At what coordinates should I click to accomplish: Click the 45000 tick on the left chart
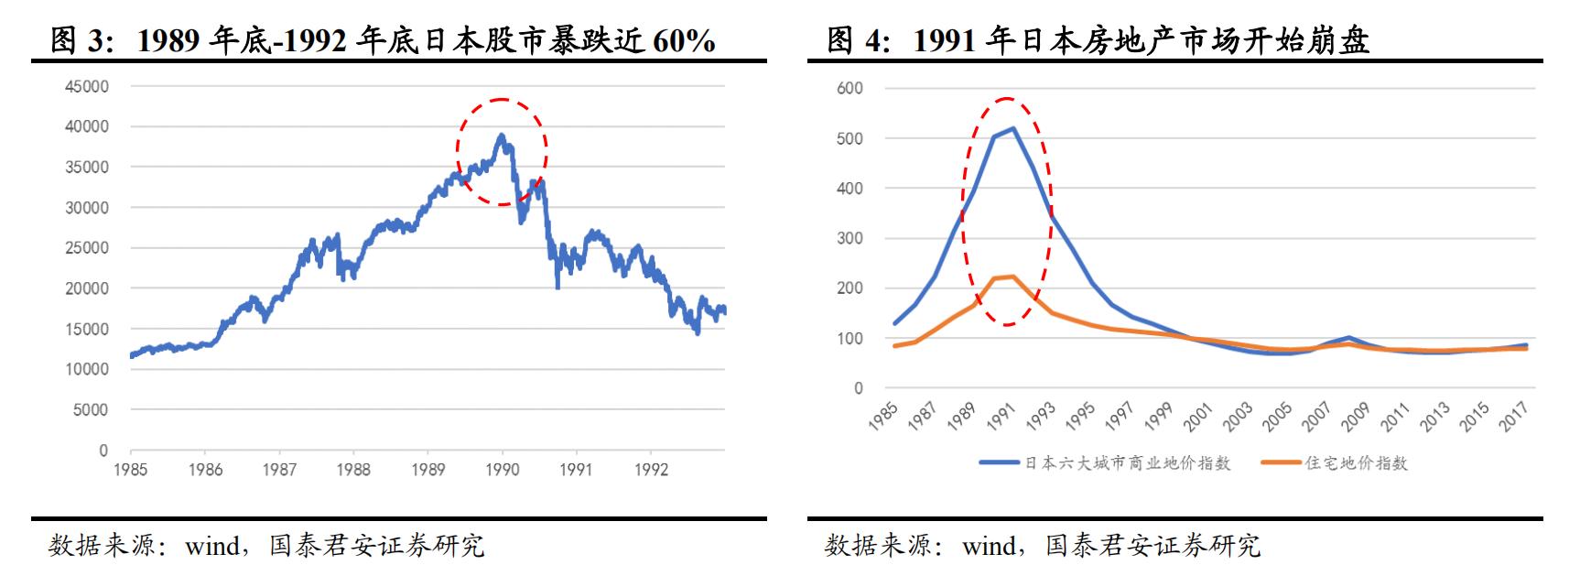(x=86, y=86)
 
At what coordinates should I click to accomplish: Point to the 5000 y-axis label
(x=91, y=410)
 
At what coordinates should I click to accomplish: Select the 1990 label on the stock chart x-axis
(x=502, y=470)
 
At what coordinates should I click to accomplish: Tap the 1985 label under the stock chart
(x=131, y=470)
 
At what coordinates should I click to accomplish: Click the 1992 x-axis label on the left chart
(x=650, y=470)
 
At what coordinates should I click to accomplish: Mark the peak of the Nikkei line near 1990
(x=501, y=136)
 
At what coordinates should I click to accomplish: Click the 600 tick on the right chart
(x=850, y=88)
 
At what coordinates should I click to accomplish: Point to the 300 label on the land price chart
(x=850, y=238)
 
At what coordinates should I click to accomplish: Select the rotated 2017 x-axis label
(x=1516, y=418)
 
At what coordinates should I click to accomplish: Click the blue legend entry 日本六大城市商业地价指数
(x=1127, y=463)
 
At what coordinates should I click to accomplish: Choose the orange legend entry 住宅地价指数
(x=1356, y=463)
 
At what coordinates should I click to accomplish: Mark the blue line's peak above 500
(x=1013, y=128)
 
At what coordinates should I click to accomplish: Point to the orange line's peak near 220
(x=1012, y=276)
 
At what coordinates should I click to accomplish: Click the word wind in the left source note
(x=211, y=547)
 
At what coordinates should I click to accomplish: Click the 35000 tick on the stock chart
(x=86, y=168)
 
